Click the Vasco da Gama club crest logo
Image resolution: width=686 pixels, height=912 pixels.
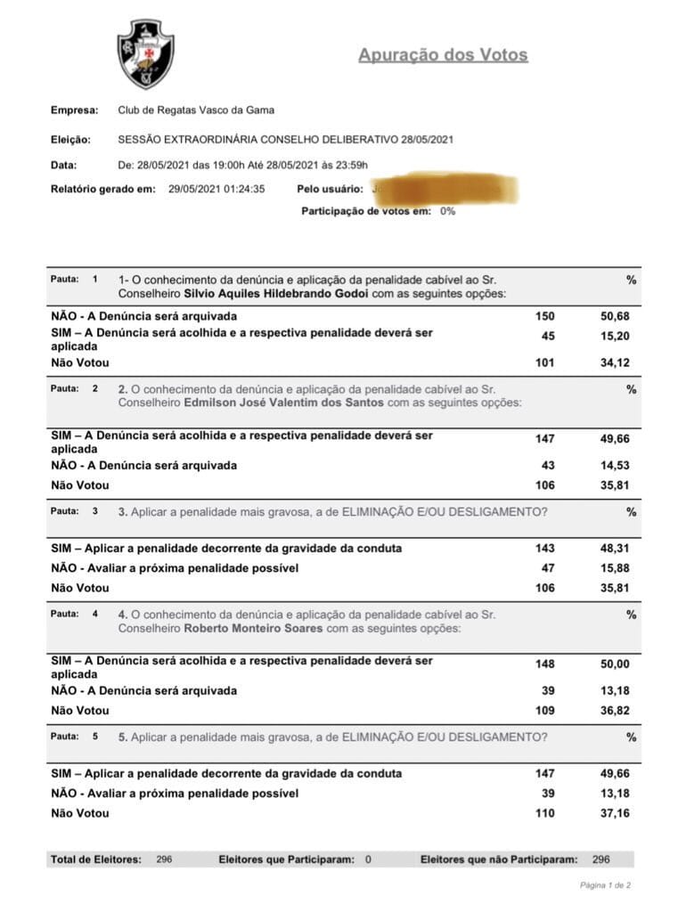(x=145, y=54)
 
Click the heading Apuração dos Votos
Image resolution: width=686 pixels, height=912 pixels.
(x=443, y=55)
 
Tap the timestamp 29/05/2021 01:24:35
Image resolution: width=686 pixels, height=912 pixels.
(x=216, y=189)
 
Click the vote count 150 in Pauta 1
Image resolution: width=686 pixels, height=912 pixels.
(x=544, y=316)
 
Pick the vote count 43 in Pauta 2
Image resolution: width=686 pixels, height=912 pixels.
(x=548, y=465)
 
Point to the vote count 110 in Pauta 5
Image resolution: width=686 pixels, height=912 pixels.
(x=544, y=813)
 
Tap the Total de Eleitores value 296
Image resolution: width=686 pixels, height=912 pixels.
(x=164, y=859)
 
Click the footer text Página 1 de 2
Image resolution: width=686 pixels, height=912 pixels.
(x=606, y=885)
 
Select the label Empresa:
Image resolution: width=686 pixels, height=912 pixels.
(x=74, y=110)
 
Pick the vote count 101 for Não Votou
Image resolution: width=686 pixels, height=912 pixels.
(x=544, y=362)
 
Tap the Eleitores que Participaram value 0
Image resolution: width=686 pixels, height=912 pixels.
(x=368, y=859)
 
